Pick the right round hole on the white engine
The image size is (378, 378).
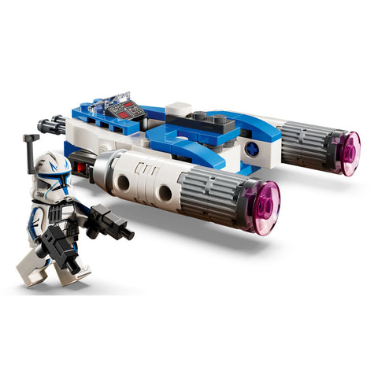click(165, 194)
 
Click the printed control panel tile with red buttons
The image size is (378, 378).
click(128, 111)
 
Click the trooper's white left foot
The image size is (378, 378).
click(30, 276)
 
